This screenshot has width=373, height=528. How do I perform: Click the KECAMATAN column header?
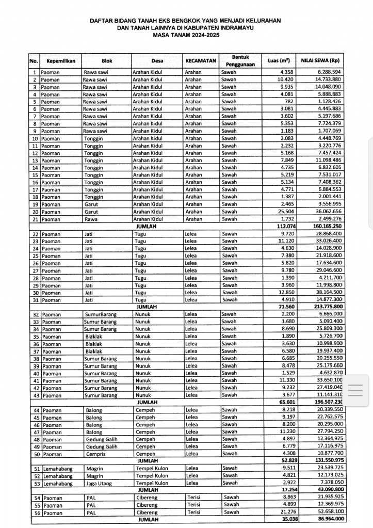(200, 61)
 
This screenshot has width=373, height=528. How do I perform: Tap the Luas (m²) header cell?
(278, 61)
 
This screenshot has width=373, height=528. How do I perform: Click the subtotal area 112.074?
(283, 226)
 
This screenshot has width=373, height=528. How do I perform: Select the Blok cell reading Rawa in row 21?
(90, 219)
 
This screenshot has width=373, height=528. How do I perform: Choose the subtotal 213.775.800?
(326, 307)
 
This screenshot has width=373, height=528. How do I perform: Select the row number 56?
(36, 513)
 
